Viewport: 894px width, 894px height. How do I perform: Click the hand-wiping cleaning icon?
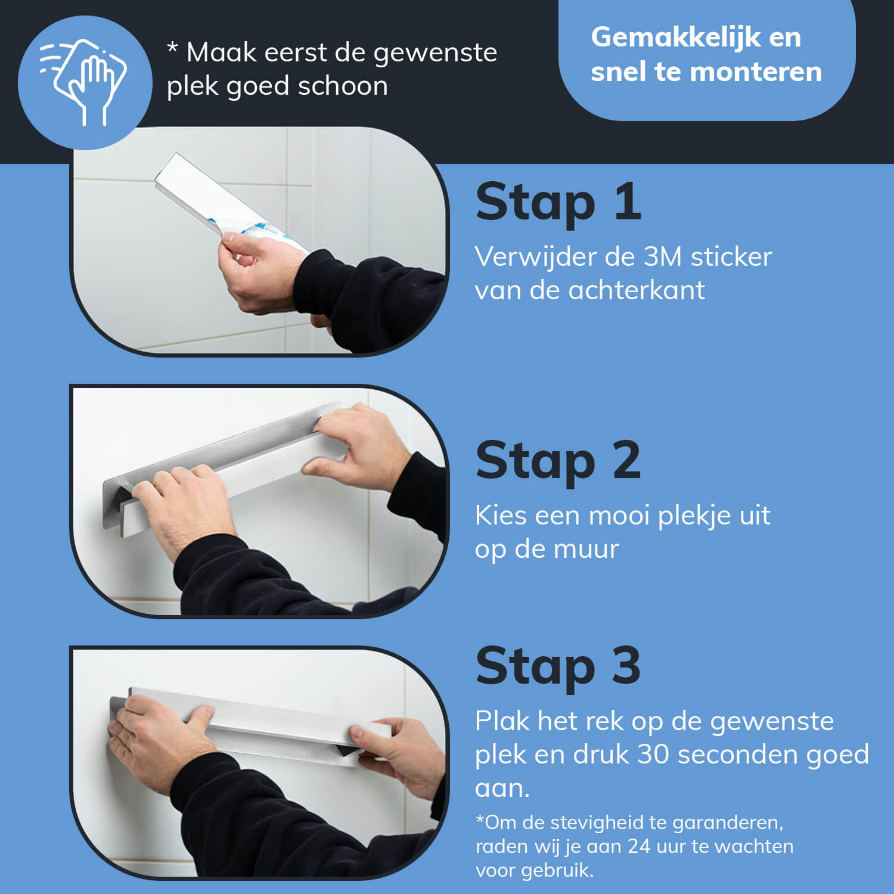[83, 82]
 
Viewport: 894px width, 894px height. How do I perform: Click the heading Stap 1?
[558, 202]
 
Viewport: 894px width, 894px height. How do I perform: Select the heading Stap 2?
[558, 460]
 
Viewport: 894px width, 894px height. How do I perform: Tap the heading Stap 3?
[558, 666]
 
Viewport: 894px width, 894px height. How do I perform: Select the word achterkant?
[637, 290]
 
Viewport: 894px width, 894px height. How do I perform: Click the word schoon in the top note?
[343, 86]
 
